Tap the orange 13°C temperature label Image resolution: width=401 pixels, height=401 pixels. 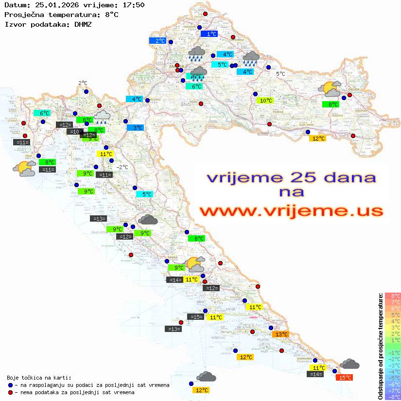(281, 334)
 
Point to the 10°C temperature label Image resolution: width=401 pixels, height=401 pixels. (265, 101)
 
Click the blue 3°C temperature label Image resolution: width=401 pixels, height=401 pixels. (135, 128)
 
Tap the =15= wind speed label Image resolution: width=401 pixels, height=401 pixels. (195, 317)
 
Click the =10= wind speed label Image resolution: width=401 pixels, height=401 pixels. (75, 132)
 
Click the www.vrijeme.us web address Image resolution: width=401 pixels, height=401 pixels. (291, 211)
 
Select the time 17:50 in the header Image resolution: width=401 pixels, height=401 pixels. (132, 5)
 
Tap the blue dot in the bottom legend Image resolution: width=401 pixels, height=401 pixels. (11, 385)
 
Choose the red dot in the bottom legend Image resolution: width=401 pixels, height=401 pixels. (11, 392)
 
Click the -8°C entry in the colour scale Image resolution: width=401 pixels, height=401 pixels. (392, 397)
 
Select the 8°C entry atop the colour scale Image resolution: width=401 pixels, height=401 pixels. (392, 296)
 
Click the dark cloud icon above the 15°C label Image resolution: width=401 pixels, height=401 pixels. (349, 364)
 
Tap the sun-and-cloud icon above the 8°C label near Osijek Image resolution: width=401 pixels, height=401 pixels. (330, 89)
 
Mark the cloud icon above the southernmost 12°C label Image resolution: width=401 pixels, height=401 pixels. (206, 376)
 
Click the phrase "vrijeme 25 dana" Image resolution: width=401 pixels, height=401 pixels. (291, 177)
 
